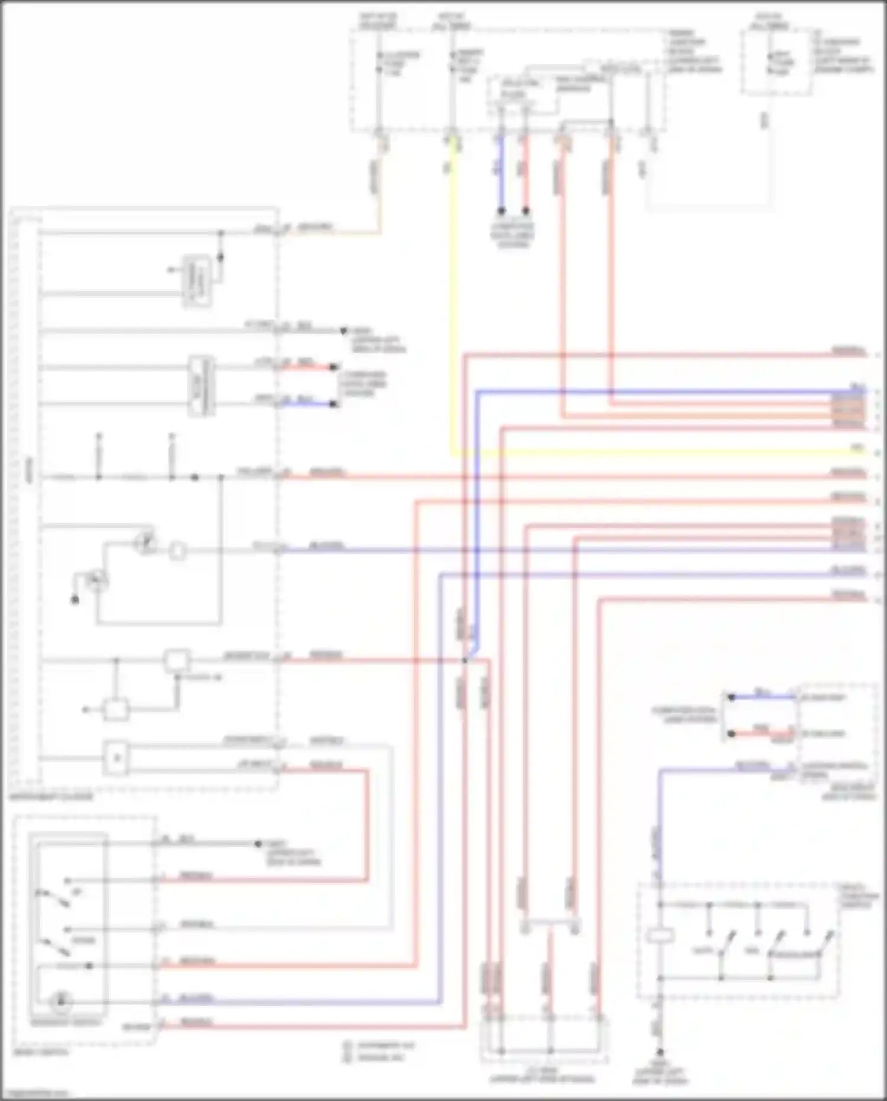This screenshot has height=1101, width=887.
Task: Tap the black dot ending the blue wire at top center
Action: [501, 211]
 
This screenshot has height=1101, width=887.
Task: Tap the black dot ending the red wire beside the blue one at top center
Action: [525, 211]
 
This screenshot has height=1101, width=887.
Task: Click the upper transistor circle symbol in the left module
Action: [145, 543]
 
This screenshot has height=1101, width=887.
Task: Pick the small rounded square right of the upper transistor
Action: [177, 551]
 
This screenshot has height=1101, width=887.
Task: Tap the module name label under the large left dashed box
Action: [51, 797]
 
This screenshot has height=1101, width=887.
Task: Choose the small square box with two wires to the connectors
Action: [116, 758]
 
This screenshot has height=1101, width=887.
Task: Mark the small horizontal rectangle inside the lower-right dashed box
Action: [660, 936]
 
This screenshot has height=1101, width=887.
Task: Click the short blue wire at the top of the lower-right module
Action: [763, 697]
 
